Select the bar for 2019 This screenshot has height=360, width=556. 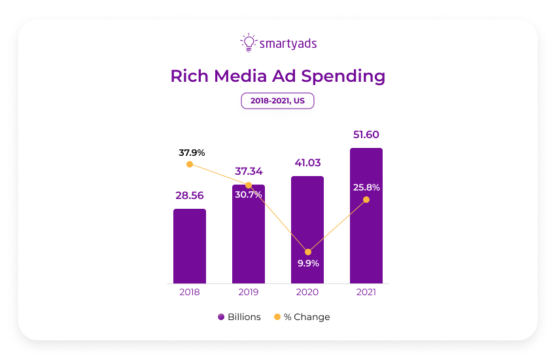tap(249, 236)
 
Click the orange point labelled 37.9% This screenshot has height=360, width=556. tap(190, 164)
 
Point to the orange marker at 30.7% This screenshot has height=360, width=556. tap(249, 185)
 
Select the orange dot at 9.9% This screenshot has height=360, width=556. tap(308, 252)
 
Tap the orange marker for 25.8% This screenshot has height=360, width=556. tap(366, 200)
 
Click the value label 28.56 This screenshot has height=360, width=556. tap(190, 195)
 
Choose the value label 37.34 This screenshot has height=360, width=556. tap(249, 171)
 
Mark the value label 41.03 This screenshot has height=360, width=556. tap(307, 162)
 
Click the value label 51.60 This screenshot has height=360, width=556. tap(366, 135)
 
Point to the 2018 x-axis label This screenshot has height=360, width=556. tap(190, 293)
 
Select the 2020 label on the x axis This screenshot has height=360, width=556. tap(307, 293)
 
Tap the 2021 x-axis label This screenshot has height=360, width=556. tap(366, 293)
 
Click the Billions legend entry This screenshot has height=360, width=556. tap(239, 317)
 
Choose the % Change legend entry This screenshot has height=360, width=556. tap(302, 317)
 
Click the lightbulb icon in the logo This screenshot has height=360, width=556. tap(248, 43)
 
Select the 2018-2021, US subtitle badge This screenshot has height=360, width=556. tap(277, 101)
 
